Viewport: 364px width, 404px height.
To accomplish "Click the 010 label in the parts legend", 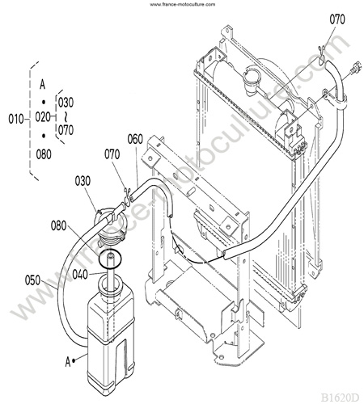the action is click(x=16, y=119).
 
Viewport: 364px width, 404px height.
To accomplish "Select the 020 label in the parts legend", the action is click(x=43, y=117).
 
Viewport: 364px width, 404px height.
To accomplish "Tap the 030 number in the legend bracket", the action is click(x=66, y=103).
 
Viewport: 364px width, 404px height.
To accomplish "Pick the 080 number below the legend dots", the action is click(x=44, y=154).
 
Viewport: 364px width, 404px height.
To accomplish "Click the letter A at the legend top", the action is click(x=42, y=84).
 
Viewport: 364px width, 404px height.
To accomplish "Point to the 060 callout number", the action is click(x=135, y=139).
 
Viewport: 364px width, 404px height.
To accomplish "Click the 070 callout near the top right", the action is click(x=337, y=19).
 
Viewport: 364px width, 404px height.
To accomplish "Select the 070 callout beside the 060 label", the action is click(x=112, y=154).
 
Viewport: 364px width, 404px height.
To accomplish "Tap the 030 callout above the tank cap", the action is click(x=83, y=181).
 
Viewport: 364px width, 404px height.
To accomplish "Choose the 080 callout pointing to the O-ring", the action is click(x=58, y=225).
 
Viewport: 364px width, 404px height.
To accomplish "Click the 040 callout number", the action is click(x=80, y=275).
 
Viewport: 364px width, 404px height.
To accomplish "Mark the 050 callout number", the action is click(x=32, y=280).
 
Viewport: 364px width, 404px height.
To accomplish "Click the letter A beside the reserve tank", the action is click(x=68, y=362).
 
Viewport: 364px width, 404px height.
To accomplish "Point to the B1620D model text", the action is click(x=340, y=398).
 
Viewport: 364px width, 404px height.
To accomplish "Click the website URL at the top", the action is click(x=183, y=4).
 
